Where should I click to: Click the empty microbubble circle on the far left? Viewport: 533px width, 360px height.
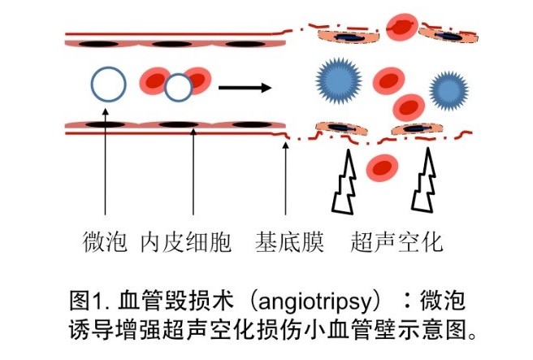click(x=107, y=84)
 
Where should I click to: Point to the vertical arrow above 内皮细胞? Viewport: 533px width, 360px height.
click(x=193, y=175)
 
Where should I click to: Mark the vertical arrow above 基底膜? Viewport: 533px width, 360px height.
click(x=285, y=183)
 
